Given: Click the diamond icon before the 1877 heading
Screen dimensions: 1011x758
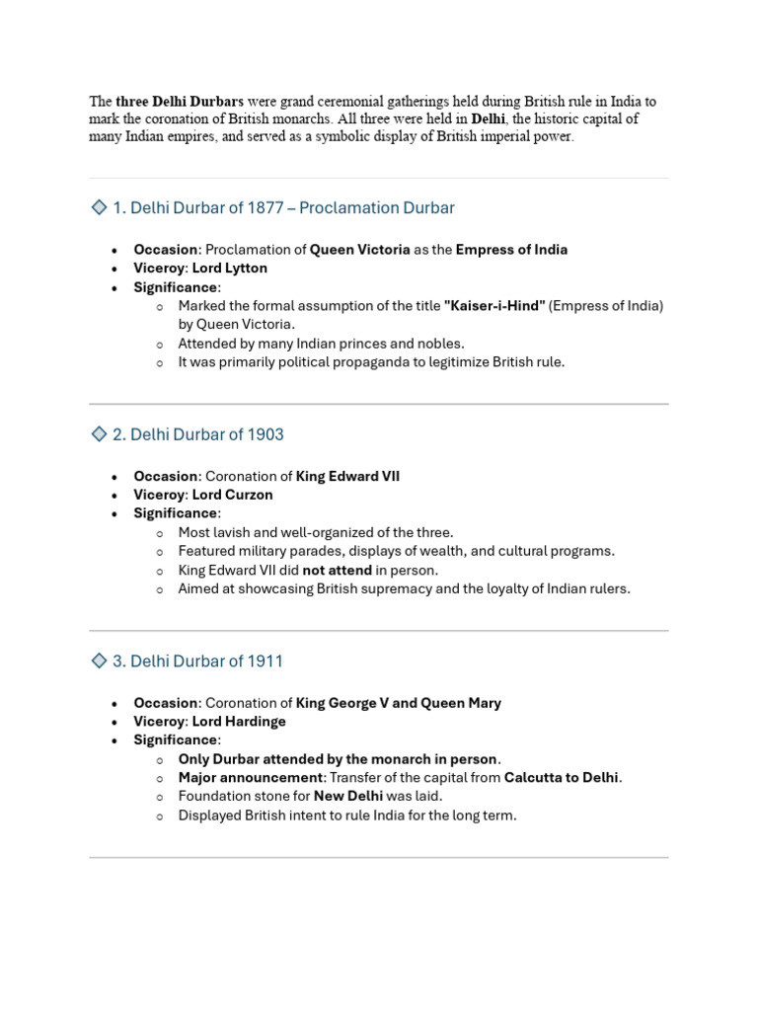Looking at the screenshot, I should click(x=98, y=207).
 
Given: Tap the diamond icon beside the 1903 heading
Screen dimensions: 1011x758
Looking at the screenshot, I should click(x=98, y=433).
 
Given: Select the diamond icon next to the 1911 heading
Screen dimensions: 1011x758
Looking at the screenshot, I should click(x=98, y=661).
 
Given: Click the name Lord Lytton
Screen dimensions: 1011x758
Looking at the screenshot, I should click(x=229, y=268).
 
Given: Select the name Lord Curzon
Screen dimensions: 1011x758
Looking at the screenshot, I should click(x=232, y=495).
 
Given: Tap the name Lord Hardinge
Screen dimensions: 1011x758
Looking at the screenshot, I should click(x=239, y=722).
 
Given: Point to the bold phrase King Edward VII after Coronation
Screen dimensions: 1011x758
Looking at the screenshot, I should click(x=347, y=476).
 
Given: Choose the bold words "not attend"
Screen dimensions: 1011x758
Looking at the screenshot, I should click(x=337, y=570).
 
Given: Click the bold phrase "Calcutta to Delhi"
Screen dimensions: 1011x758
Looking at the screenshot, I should click(x=562, y=778).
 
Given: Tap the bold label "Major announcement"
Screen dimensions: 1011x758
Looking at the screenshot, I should click(x=251, y=778).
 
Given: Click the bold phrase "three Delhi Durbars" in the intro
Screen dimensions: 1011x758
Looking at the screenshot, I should click(x=180, y=102).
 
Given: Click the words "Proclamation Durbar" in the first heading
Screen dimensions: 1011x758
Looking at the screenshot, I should click(x=376, y=207).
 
